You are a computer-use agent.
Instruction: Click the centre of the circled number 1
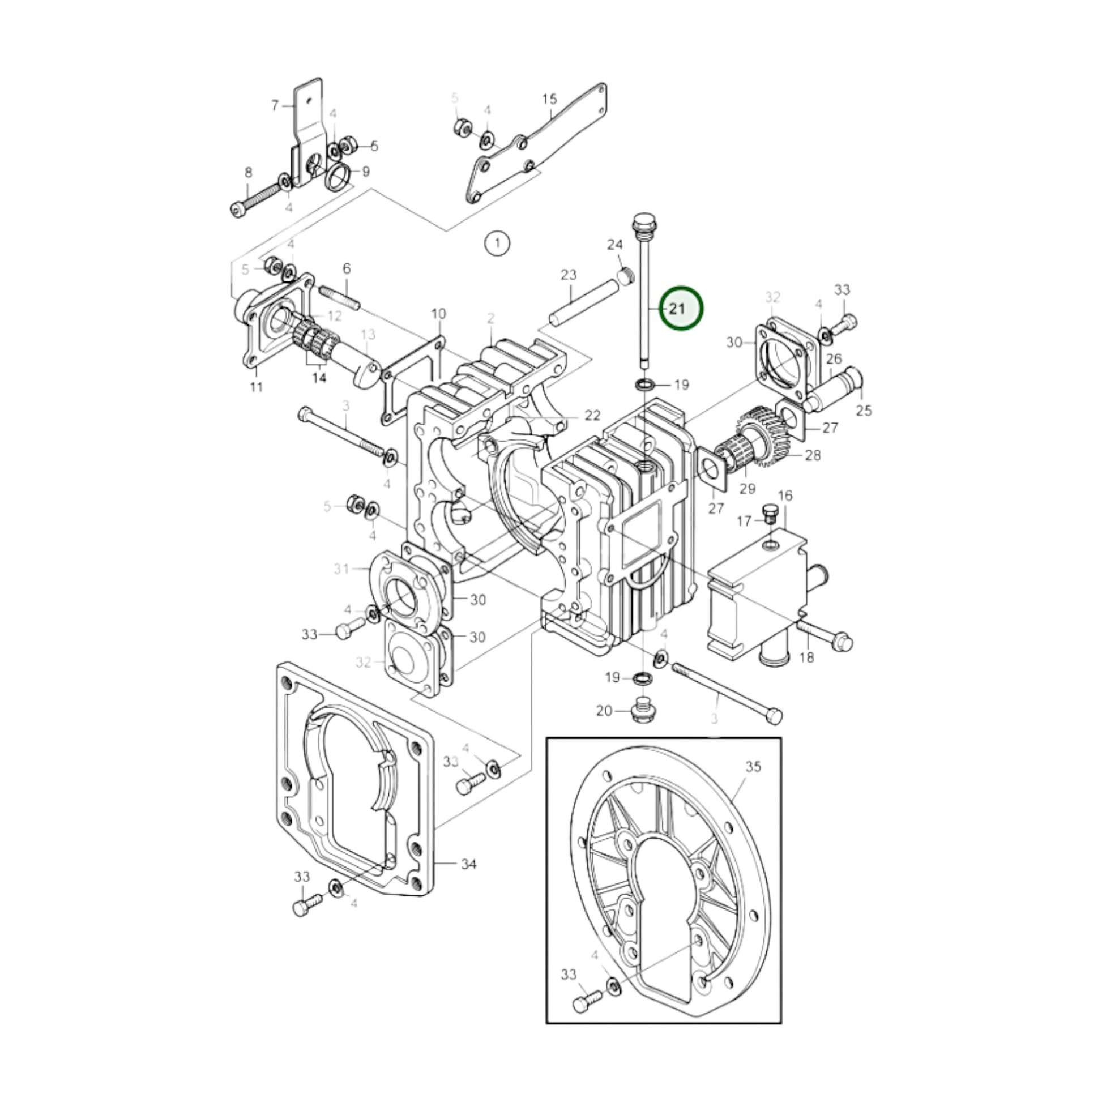point(497,244)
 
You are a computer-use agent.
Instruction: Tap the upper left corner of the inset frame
point(547,738)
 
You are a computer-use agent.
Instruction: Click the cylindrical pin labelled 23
point(583,300)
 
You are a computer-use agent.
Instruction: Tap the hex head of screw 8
point(238,210)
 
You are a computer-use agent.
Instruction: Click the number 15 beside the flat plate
point(549,99)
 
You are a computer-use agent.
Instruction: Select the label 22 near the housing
point(593,415)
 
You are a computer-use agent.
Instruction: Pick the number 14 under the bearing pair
point(319,378)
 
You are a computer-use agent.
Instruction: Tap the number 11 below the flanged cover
point(257,387)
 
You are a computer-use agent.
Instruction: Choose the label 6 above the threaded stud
point(346,268)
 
